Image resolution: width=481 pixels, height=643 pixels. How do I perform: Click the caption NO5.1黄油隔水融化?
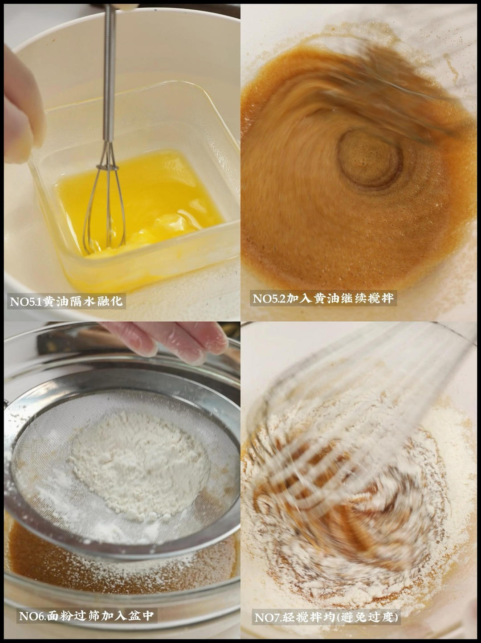pyautogui.click(x=66, y=301)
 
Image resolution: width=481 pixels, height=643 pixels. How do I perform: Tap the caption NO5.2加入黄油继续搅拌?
pyautogui.click(x=323, y=299)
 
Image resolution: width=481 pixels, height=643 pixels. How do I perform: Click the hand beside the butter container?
pyautogui.click(x=22, y=106)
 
